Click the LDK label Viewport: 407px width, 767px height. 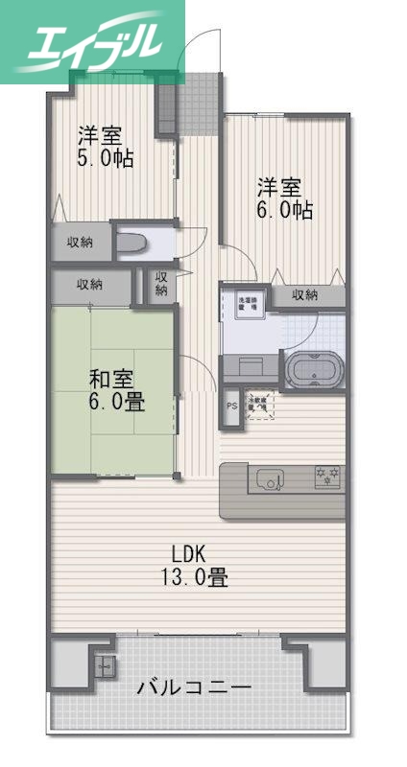coord(193,553)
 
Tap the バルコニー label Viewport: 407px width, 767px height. coord(194,688)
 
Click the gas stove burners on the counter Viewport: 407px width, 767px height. coord(326,475)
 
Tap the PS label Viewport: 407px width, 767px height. coord(231,406)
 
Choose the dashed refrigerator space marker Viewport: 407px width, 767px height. coord(258,406)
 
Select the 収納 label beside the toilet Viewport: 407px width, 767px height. coord(80,242)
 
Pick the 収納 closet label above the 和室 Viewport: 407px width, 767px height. coord(89,284)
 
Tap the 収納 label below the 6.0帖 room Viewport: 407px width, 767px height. coord(304,294)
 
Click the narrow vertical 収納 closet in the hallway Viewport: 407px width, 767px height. coord(160,284)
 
